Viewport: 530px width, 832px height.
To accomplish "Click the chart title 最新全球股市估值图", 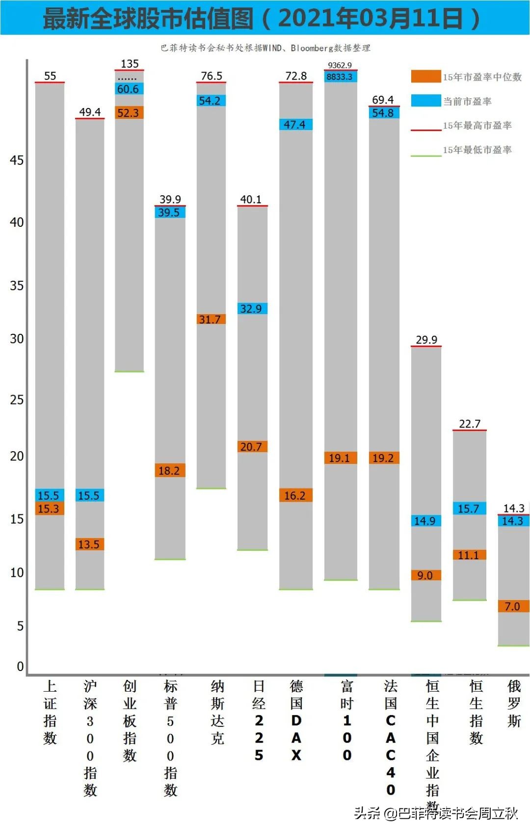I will (148, 18).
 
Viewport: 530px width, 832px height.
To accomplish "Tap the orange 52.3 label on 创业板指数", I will (129, 113).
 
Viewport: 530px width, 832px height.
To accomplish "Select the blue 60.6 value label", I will (129, 89).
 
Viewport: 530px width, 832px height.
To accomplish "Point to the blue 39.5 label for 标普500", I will (169, 213).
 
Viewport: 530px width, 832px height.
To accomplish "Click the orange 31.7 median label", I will (211, 320).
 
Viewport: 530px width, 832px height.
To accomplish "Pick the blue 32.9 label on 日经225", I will (251, 309).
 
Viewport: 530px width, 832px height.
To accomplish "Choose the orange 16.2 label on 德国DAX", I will (295, 496).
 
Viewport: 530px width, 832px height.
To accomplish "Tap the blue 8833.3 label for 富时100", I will (340, 77).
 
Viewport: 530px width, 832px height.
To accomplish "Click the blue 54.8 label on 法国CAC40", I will (383, 113).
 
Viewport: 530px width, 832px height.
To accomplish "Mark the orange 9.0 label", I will (425, 575).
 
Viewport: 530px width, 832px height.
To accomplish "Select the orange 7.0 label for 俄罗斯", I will (513, 607).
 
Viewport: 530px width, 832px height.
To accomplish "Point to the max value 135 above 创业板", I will (130, 64).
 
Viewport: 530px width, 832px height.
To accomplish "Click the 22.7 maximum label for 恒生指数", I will (470, 424).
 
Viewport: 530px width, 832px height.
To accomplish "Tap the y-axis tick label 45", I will (17, 161).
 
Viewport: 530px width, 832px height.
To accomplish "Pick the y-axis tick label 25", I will (17, 400).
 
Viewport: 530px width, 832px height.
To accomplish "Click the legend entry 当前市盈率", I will (467, 102).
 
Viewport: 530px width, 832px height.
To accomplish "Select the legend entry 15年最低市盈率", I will (477, 150).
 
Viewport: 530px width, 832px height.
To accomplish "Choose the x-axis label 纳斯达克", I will (217, 712).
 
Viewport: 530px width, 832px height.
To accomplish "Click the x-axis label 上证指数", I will (50, 712).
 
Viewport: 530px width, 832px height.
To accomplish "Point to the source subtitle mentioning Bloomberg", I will (265, 48).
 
